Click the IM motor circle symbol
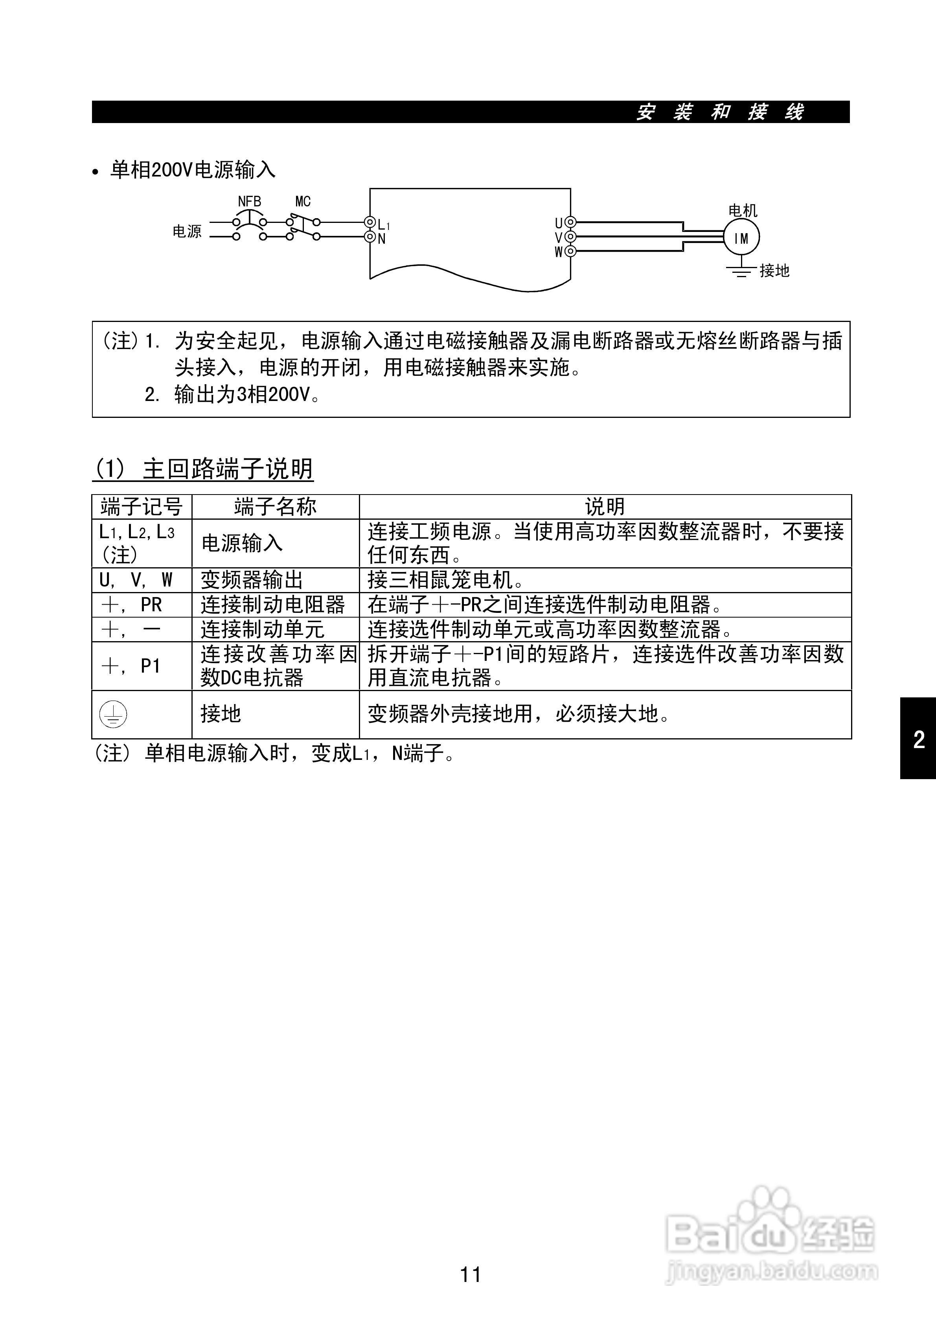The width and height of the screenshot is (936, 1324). [742, 237]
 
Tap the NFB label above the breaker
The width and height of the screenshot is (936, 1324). [250, 202]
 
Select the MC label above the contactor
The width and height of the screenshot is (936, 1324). [303, 202]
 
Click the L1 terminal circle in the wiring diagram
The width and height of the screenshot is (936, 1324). [370, 223]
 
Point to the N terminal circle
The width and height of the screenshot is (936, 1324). [370, 236]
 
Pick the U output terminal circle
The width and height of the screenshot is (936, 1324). [570, 223]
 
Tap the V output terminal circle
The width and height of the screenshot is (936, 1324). [570, 236]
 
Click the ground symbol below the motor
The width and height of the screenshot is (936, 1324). [741, 270]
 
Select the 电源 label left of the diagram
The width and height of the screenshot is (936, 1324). [187, 231]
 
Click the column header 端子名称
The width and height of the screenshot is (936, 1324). [275, 507]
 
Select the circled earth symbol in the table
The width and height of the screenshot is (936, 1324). [113, 714]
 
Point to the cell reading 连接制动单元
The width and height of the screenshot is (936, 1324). [263, 629]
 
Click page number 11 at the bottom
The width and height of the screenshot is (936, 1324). [471, 1274]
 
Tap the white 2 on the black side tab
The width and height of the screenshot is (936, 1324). [919, 739]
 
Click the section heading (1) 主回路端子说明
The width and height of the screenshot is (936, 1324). [203, 469]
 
